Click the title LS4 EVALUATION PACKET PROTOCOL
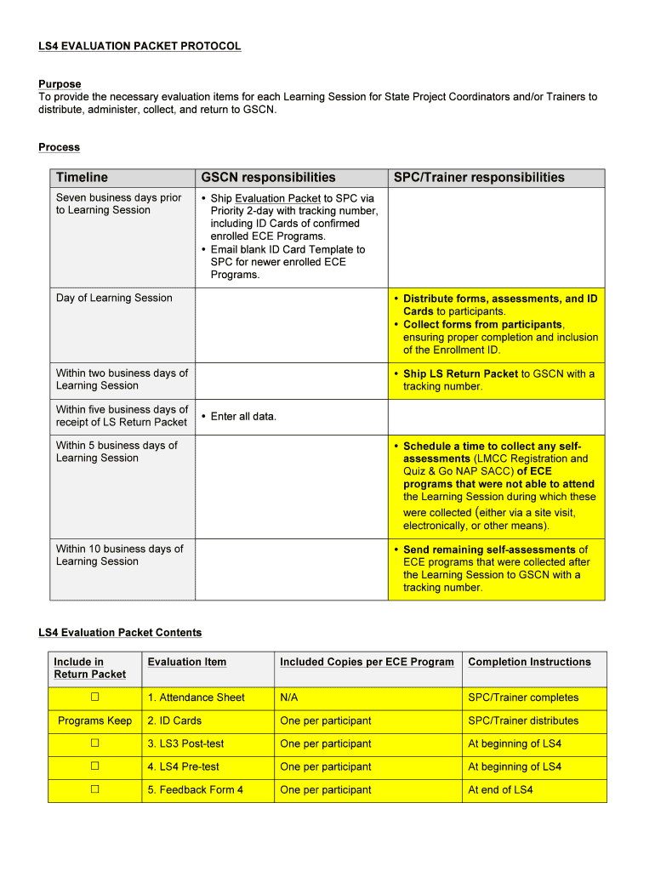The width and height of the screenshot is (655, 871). click(140, 46)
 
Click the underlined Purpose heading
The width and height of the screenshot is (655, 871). click(60, 84)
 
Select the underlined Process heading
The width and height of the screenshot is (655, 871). click(59, 147)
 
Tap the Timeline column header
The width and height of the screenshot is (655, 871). click(82, 178)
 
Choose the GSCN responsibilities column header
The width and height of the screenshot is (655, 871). click(268, 178)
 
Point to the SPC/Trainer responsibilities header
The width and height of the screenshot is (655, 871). click(479, 178)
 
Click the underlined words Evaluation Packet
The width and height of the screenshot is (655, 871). click(277, 198)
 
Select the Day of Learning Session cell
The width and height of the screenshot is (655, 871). click(114, 298)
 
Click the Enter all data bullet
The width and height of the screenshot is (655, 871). click(243, 416)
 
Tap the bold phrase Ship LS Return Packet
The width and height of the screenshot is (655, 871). click(460, 373)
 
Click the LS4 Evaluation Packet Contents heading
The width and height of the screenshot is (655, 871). click(120, 633)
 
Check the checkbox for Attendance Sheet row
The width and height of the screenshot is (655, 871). click(95, 697)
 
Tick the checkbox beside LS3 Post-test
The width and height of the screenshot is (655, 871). click(95, 743)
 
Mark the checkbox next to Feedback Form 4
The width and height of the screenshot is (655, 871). click(95, 789)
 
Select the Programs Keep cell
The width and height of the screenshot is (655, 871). click(95, 720)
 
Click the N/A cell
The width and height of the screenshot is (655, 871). click(289, 697)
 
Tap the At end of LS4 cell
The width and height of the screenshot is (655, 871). click(500, 789)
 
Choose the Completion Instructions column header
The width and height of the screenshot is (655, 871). click(529, 662)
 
